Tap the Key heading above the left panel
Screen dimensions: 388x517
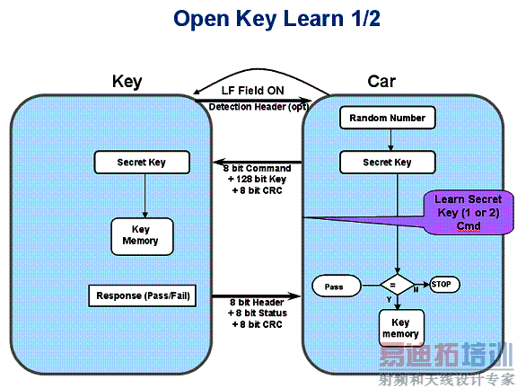coord(127,82)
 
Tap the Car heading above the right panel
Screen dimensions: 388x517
coord(381,82)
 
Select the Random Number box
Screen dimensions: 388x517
coord(388,118)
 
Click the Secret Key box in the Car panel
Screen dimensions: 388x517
coord(388,163)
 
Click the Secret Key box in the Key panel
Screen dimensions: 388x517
coord(142,163)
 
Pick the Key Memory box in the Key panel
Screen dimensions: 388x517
coord(141,235)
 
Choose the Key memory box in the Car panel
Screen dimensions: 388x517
coord(400,328)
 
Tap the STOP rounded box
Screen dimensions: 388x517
coord(444,285)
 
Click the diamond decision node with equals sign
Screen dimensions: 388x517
coord(392,285)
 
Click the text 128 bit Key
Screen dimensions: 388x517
coord(258,180)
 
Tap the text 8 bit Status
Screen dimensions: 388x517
coord(258,313)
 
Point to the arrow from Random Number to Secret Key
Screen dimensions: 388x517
coord(388,139)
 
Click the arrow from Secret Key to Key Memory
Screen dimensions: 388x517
coord(142,195)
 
